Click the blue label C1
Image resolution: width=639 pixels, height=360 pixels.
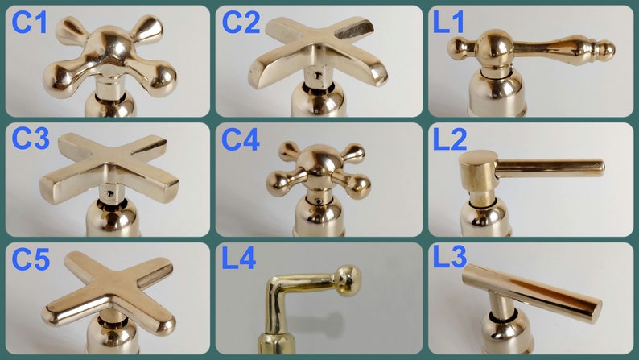click(x=29, y=22)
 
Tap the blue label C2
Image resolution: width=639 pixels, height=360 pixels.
click(x=241, y=22)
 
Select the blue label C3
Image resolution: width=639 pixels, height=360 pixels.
click(x=31, y=139)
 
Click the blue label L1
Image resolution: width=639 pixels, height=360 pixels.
click(x=448, y=22)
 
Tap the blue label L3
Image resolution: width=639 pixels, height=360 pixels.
click(x=450, y=257)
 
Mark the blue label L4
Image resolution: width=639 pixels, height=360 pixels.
click(x=239, y=258)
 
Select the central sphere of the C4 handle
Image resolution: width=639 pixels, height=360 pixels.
click(x=318, y=162)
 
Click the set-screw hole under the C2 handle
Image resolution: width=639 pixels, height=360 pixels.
click(x=317, y=75)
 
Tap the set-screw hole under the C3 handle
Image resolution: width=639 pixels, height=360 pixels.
click(x=109, y=193)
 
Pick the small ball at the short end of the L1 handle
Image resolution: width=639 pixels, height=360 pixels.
click(x=456, y=48)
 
